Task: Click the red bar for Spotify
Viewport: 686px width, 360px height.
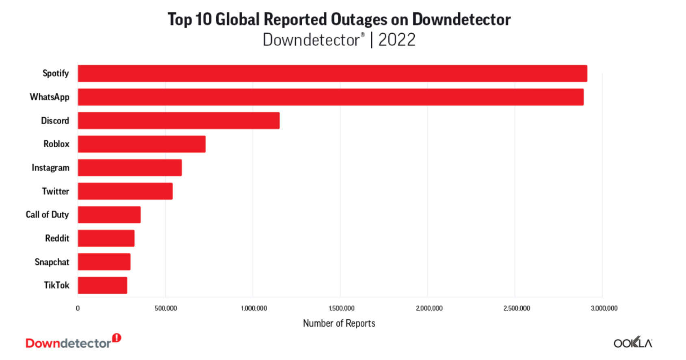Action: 332,73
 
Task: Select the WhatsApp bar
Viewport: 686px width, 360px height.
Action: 331,97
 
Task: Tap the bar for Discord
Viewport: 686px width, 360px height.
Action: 179,121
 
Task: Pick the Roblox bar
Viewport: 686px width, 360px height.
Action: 142,144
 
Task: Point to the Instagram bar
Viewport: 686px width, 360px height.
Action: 130,168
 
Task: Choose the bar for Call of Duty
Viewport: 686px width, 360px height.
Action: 109,215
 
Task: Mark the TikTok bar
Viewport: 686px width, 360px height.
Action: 102,285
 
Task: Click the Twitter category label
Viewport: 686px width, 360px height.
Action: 56,191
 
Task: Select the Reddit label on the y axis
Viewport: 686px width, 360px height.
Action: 57,238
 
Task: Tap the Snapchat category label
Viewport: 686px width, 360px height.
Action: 52,262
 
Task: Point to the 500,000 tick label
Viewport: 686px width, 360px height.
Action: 166,308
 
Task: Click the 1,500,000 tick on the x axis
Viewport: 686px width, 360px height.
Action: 342,308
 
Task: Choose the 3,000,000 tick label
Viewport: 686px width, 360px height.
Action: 604,308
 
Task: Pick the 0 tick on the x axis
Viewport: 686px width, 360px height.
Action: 78,308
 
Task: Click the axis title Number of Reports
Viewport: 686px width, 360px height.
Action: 339,323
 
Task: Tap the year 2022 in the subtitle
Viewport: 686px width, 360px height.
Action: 397,40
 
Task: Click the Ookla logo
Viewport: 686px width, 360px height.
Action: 633,343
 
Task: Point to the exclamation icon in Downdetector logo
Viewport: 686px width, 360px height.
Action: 117,338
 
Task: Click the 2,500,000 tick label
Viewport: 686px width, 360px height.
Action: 517,308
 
